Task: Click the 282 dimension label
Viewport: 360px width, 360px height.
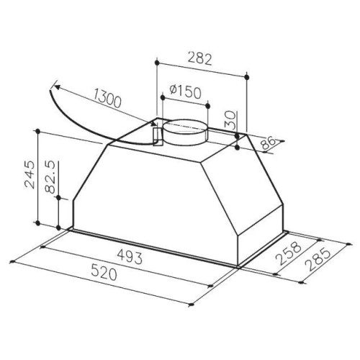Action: click(200, 58)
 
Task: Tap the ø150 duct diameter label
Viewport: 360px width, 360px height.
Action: click(185, 91)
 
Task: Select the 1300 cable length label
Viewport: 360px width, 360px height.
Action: click(107, 99)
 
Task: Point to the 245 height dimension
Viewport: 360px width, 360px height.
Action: click(30, 174)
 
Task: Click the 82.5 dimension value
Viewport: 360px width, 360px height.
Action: click(50, 177)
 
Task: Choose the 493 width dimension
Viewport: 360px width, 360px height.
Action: click(130, 257)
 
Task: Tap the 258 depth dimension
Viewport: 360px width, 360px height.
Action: click(288, 253)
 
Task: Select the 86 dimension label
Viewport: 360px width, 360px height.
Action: click(268, 143)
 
